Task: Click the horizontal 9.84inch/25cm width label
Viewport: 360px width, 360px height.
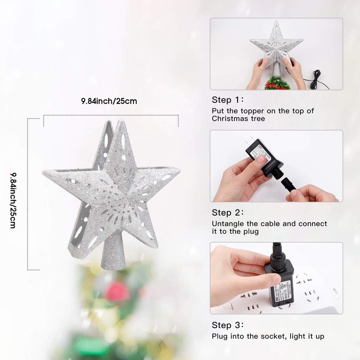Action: coord(109,101)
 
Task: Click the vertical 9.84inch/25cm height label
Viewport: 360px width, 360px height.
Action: coord(13,200)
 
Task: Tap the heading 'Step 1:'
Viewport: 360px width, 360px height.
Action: coord(227,100)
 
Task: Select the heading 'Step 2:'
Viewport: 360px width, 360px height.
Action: coord(227,213)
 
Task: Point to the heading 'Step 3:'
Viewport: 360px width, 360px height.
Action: coord(227,325)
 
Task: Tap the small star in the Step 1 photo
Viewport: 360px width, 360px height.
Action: coord(276,44)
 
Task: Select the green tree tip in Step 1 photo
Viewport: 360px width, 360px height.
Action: coord(277,83)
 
